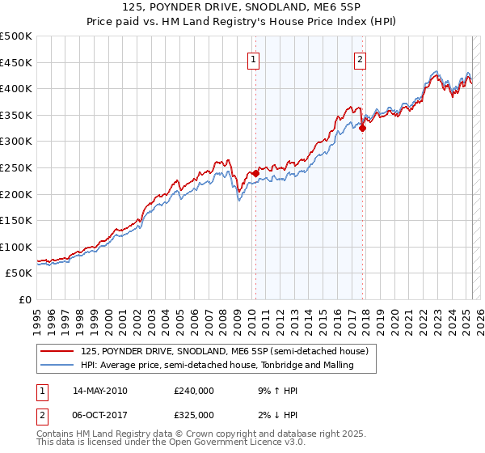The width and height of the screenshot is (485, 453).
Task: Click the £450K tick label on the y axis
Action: point(16,62)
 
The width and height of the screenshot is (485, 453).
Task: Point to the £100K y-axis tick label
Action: point(16,247)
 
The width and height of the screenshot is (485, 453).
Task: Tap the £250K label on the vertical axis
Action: point(16,167)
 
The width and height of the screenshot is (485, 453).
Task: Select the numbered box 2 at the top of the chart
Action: point(360,58)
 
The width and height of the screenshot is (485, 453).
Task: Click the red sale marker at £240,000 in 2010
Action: point(255,173)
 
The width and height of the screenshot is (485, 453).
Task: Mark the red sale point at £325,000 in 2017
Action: point(363,128)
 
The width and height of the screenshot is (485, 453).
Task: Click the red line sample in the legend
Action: point(57,351)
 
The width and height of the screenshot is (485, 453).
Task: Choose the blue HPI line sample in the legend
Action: point(57,366)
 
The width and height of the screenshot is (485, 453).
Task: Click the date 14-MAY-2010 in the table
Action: point(100,391)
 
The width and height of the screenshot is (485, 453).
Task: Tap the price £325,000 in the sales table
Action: point(194,415)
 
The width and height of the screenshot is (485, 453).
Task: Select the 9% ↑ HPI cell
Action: point(278,391)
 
